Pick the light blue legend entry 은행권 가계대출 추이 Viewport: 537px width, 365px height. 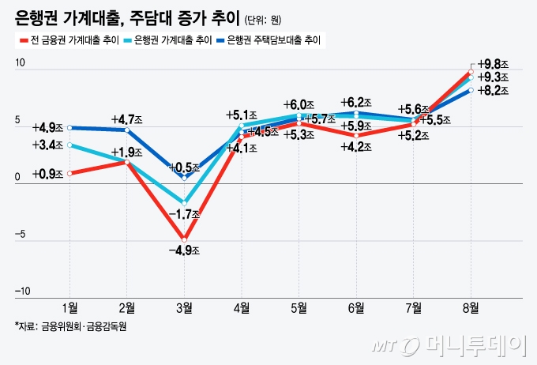click(x=170, y=40)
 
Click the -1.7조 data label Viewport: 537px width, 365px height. click(x=186, y=214)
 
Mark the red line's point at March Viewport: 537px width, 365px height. click(x=184, y=239)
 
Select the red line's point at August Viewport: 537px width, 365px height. click(x=471, y=71)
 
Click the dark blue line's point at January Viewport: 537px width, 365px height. click(x=70, y=127)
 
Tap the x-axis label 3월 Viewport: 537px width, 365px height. click(x=184, y=307)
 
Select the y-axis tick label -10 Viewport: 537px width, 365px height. click(x=22, y=291)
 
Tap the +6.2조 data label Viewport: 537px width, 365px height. click(x=356, y=103)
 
